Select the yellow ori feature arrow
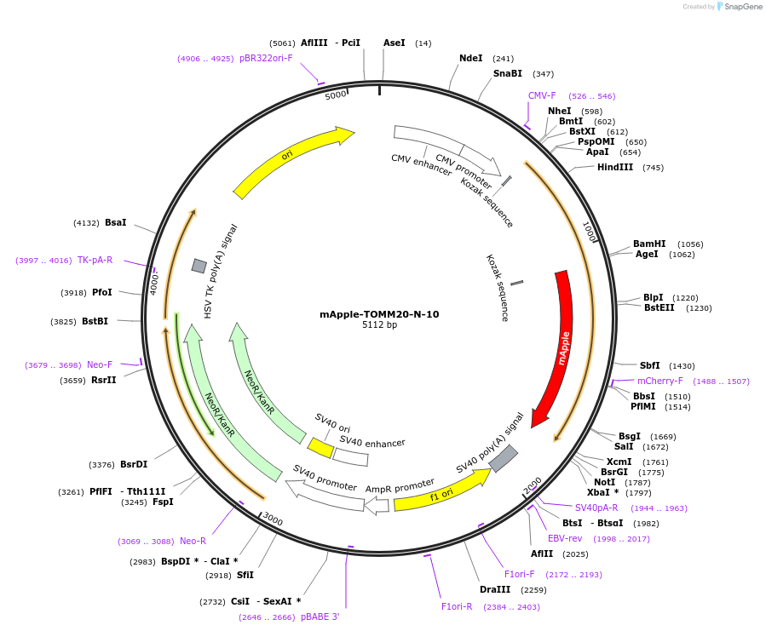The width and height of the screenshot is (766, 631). (290, 157)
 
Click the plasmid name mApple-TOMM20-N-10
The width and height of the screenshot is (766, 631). (379, 314)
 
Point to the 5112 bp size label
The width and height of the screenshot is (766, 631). (379, 325)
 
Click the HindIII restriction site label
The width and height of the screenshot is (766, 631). (614, 168)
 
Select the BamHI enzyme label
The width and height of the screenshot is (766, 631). (649, 244)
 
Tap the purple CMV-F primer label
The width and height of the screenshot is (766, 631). (542, 95)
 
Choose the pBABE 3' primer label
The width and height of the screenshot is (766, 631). (320, 617)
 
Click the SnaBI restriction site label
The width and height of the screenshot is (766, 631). (508, 74)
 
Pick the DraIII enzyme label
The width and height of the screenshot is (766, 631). (495, 589)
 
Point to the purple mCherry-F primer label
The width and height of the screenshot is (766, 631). (659, 381)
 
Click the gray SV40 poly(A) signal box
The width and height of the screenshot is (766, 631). (503, 458)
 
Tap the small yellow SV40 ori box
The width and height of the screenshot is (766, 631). (320, 447)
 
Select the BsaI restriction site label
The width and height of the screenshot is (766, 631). (115, 222)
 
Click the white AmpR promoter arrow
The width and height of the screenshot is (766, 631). (377, 506)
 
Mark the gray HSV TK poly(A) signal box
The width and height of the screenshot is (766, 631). (199, 266)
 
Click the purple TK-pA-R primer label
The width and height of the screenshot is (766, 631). (95, 260)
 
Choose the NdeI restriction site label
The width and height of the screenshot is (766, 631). (470, 59)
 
